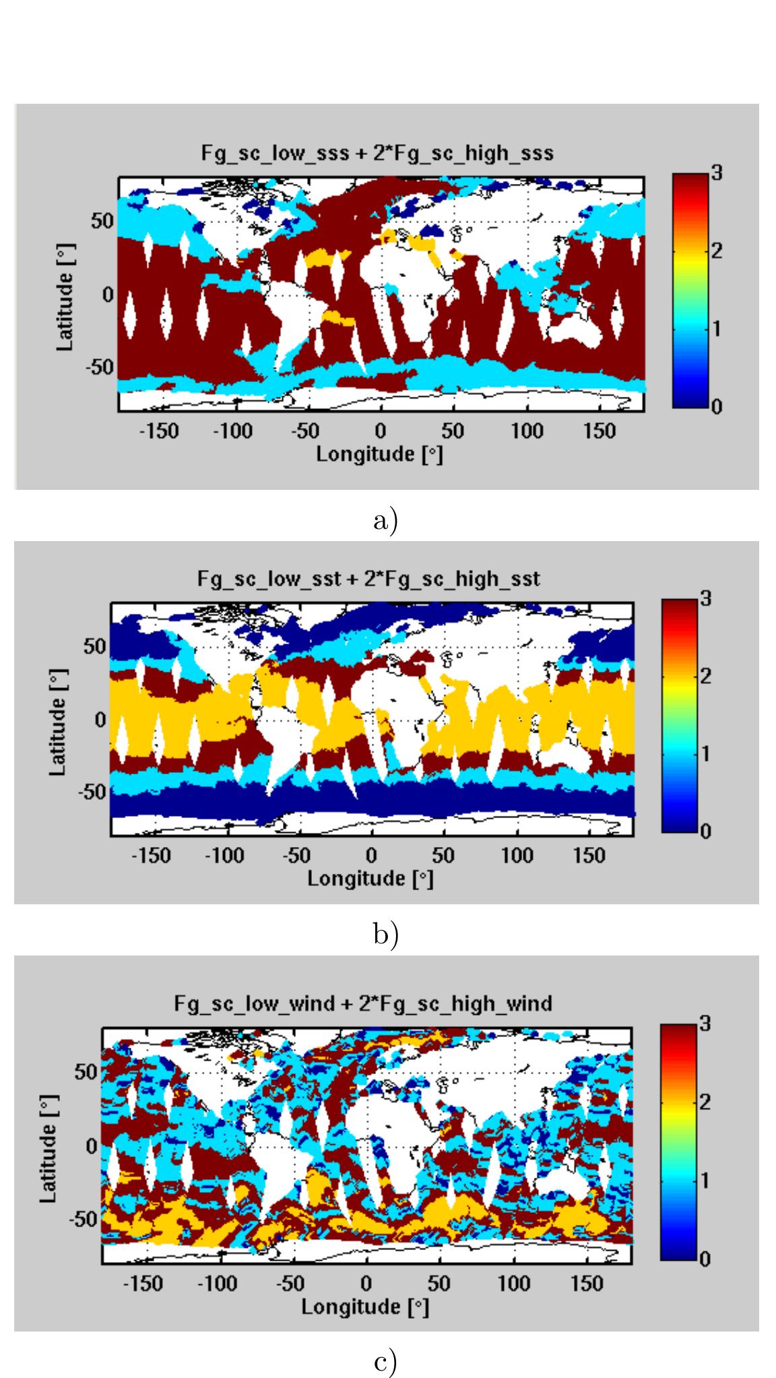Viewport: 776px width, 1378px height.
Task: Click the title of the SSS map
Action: pos(377,154)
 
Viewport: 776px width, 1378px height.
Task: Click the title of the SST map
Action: pos(368,579)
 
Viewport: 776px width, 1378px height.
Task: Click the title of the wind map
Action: pos(363,1003)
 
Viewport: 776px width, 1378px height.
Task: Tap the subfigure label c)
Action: pos(386,1362)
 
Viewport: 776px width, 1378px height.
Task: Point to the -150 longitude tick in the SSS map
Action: pos(158,431)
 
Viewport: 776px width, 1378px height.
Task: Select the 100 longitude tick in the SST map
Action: pos(517,856)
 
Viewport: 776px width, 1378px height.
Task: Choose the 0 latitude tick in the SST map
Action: pos(100,719)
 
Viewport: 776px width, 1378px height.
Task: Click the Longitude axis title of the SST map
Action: pos(370,879)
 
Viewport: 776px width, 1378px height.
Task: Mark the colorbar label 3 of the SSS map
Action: pos(717,173)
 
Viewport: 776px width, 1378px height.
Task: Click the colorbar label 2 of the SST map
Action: pos(705,676)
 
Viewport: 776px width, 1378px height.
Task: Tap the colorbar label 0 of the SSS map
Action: pos(717,407)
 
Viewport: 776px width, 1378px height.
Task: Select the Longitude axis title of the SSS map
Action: pos(380,454)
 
